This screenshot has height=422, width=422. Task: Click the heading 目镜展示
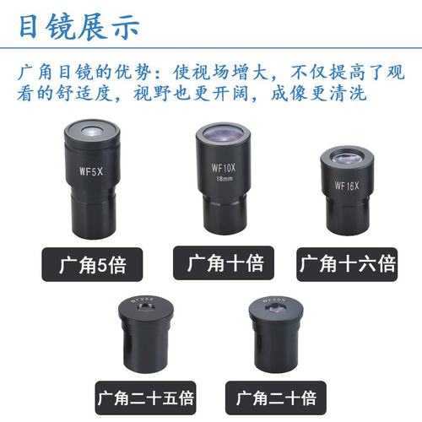pos(78,25)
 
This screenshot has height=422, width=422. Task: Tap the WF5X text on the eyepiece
pos(91,169)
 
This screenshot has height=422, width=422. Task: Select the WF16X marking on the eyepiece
pos(346,185)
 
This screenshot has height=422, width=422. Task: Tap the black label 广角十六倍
pos(346,264)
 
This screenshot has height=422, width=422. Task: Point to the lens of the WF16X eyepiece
pos(347,158)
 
